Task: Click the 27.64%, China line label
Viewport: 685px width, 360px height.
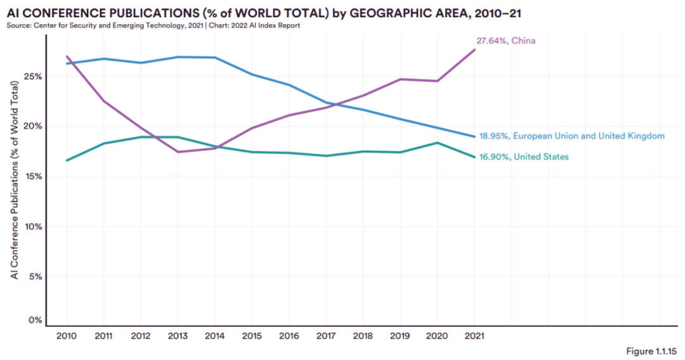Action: click(x=506, y=41)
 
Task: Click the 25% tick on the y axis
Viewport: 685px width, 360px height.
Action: click(x=33, y=76)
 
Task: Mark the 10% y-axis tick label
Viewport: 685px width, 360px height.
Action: click(x=33, y=226)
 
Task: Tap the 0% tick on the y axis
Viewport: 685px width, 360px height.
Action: click(x=35, y=320)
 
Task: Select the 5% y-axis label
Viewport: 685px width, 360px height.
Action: click(x=35, y=276)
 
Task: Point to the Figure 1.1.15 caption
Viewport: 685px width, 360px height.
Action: click(x=651, y=350)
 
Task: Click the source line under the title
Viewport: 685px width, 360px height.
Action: click(x=153, y=25)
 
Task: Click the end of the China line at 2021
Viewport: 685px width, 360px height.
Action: click(x=474, y=49)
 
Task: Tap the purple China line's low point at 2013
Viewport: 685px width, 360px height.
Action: click(x=178, y=151)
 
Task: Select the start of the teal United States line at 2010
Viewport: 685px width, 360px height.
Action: click(x=67, y=160)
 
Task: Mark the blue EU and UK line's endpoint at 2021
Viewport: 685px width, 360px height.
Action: click(x=474, y=136)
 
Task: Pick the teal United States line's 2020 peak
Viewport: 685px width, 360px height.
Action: click(x=438, y=143)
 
